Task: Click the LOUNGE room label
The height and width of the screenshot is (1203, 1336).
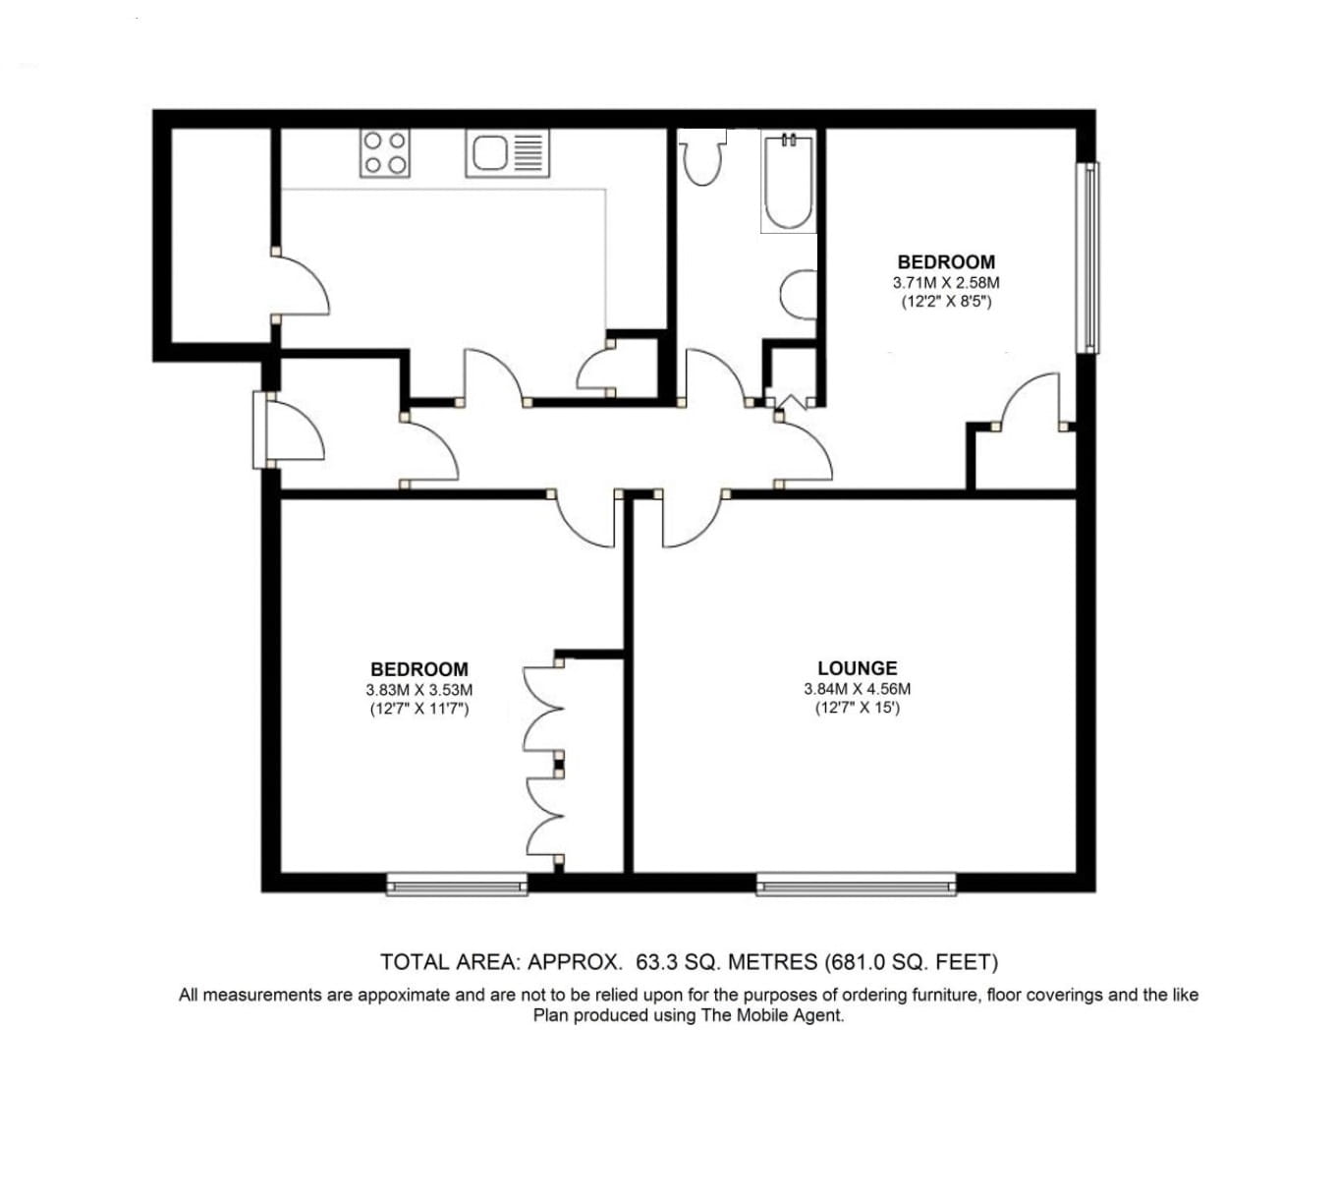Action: [857, 669]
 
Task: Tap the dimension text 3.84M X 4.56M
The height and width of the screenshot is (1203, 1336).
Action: [857, 689]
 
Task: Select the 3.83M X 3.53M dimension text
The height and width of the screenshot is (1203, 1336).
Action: [418, 691]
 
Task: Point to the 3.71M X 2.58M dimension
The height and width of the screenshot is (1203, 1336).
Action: [946, 283]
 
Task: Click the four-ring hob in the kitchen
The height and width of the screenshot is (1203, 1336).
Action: [385, 153]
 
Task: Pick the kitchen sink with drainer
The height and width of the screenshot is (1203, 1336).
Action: [507, 153]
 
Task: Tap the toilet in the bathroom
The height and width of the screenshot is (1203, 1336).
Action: [701, 160]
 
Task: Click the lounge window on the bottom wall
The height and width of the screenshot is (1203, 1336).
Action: [856, 887]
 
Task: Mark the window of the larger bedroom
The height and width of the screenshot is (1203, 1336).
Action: [457, 887]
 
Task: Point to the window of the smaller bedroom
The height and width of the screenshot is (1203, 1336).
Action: [1087, 258]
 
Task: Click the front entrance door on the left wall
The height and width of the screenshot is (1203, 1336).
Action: [290, 430]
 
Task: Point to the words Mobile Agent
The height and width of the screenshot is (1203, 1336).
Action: [794, 1015]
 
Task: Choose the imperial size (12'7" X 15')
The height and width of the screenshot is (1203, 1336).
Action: [857, 708]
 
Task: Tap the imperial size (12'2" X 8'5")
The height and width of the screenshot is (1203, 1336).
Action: [946, 302]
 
